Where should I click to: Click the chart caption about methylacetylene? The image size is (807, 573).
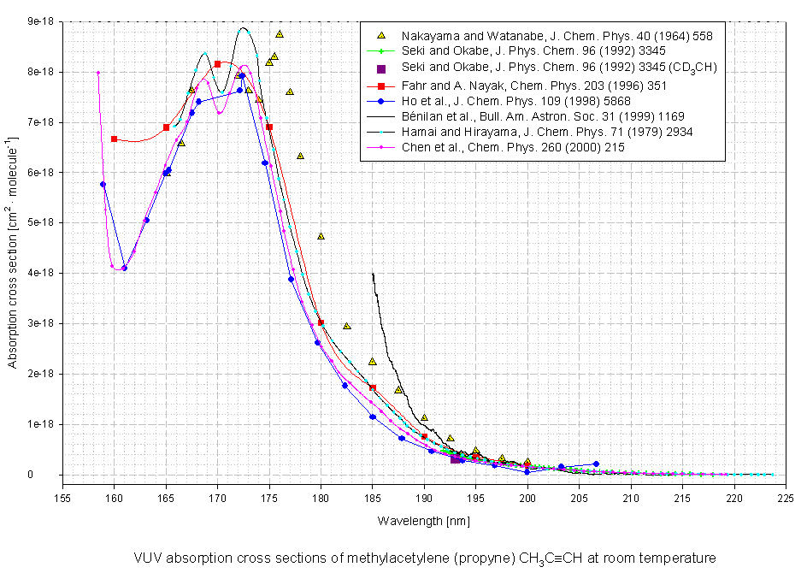tap(424, 558)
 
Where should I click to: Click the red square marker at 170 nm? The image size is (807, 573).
tap(217, 64)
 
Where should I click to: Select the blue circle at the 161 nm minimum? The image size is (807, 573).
tap(124, 268)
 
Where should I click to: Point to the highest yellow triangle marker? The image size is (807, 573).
tap(280, 34)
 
